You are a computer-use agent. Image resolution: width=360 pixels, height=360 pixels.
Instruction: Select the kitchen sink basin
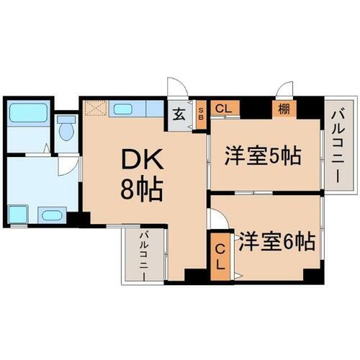pyautogui.click(x=122, y=110)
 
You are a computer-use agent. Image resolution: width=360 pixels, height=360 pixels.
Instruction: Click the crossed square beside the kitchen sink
pyautogui.click(x=94, y=110)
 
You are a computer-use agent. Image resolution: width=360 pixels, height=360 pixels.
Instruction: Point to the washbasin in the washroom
pyautogui.click(x=50, y=215)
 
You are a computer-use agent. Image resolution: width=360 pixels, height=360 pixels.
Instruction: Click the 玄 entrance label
pyautogui.click(x=179, y=114)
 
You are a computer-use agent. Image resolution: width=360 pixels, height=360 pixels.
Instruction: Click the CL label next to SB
pyautogui.click(x=223, y=109)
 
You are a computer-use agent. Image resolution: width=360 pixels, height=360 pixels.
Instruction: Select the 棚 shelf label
pyautogui.click(x=282, y=109)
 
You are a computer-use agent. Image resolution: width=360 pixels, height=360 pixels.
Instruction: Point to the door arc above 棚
pyautogui.click(x=286, y=90)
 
